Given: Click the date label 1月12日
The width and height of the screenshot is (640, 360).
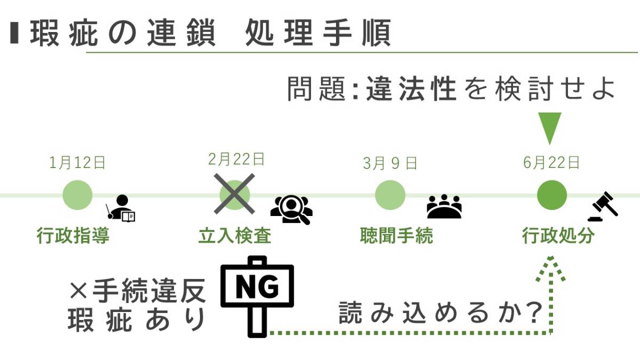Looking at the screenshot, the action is [x=77, y=163].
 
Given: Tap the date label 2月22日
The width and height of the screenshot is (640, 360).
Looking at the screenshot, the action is [x=236, y=159].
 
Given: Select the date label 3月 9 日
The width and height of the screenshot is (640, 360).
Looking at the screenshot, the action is [x=390, y=164].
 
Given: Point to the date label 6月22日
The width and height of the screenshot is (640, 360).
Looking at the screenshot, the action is [x=551, y=163].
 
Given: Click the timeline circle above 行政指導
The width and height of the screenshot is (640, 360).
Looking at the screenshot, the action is [x=77, y=195].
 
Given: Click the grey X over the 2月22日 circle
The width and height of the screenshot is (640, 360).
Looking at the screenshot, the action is [x=234, y=194].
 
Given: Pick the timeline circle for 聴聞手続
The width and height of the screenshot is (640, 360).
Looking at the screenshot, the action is [x=390, y=195].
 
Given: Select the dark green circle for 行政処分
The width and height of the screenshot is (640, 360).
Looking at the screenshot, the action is [x=551, y=195].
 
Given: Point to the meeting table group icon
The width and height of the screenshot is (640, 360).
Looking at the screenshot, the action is [x=444, y=206].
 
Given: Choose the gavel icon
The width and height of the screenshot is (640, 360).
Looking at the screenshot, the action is [x=603, y=206].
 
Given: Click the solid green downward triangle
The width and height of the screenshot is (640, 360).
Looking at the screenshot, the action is [x=550, y=129].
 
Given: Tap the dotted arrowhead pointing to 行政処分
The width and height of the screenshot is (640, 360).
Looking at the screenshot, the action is [x=550, y=269].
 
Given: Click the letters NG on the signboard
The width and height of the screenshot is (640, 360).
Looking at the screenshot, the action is [x=257, y=286].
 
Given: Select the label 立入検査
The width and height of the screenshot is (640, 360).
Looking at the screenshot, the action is [x=235, y=236].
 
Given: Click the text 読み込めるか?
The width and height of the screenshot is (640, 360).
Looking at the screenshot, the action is [x=441, y=314].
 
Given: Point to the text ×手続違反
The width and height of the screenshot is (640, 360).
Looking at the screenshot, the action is [x=138, y=291].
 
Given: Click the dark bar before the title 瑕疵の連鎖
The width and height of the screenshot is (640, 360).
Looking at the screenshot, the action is [x=14, y=33].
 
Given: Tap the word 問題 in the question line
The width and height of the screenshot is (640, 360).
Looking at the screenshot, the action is [x=317, y=89].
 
